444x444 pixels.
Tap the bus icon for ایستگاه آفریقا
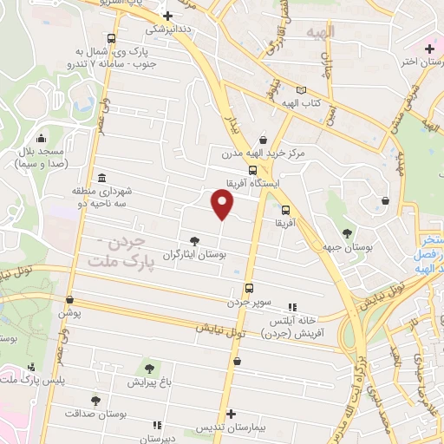pos(251,170)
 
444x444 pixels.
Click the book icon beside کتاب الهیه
pos(301,90)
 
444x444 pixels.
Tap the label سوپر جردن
pos(250,303)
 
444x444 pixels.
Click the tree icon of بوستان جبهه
pos(347,232)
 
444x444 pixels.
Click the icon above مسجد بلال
pos(41,137)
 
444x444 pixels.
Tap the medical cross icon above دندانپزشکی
pos(168,16)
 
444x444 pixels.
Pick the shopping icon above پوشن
pos(69,300)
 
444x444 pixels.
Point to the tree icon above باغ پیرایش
pos(147,369)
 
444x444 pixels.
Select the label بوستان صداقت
pos(97,414)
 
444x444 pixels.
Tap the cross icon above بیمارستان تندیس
pos(230,415)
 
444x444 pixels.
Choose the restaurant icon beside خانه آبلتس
pos(292,307)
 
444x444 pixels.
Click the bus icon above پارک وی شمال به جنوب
pos(111,38)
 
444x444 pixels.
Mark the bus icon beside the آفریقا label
pos(285,209)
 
